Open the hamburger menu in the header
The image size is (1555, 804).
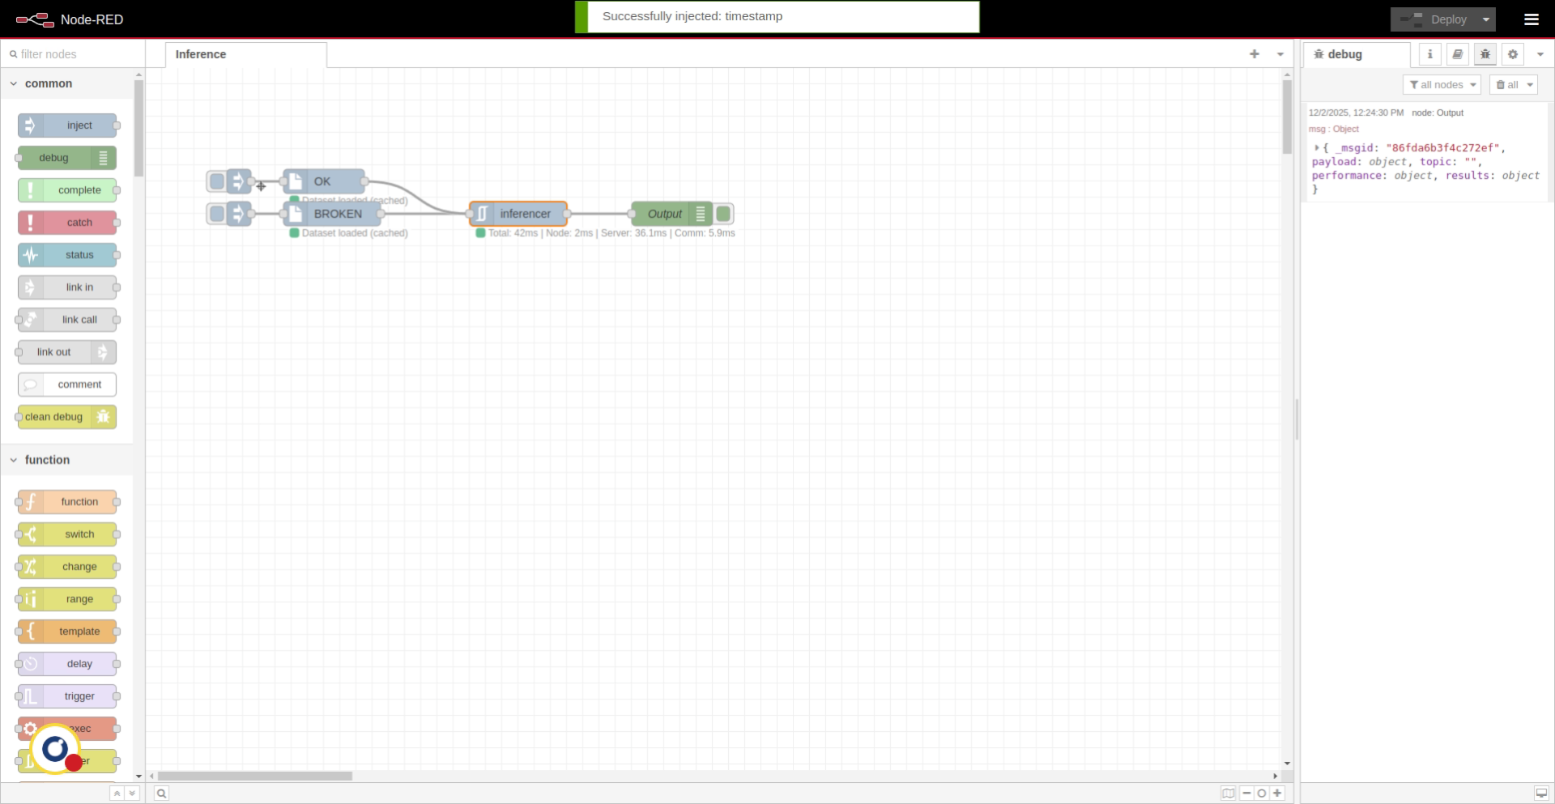1531,19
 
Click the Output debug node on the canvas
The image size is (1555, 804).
664,214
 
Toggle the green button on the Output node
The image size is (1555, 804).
724,214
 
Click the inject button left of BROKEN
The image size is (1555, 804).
216,214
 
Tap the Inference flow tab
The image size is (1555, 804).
201,54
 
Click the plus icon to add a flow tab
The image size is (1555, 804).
1255,54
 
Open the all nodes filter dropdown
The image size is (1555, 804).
1442,85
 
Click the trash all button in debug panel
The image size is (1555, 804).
1508,85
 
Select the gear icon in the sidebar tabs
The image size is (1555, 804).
1512,54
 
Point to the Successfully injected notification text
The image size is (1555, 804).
692,16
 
